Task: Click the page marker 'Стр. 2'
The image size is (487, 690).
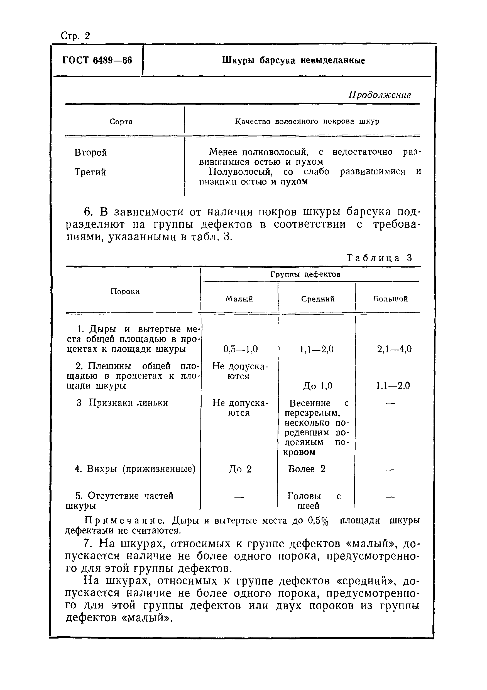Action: [x=75, y=36]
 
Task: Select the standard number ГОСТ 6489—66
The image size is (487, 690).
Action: [x=97, y=60]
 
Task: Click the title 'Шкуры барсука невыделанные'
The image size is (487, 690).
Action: [x=293, y=60]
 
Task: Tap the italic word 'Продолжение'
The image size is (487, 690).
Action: [x=380, y=95]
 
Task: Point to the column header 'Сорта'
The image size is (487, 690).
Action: [x=121, y=122]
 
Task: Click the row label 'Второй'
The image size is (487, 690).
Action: [x=91, y=153]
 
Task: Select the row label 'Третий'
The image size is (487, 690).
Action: [x=90, y=172]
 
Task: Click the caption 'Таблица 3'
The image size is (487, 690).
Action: [x=379, y=258]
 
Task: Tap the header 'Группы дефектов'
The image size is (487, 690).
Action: [x=305, y=274]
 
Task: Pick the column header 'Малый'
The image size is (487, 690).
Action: [x=239, y=299]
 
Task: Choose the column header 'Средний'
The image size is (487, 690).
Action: [x=318, y=299]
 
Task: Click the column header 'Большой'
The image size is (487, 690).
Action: [x=390, y=299]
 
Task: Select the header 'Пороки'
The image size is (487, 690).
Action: [x=125, y=291]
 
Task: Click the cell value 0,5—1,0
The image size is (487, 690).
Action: [x=240, y=349]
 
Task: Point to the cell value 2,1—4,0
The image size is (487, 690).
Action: [x=394, y=349]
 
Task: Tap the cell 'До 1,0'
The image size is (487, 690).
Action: [x=317, y=386]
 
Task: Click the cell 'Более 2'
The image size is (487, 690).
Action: [x=307, y=469]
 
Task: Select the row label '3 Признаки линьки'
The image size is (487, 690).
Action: [x=122, y=403]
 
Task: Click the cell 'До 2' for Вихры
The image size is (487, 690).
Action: [x=240, y=469]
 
